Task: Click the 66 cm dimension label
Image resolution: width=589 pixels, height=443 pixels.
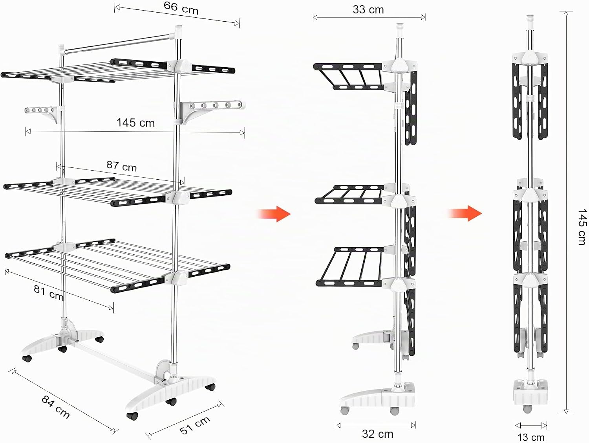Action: [181, 8]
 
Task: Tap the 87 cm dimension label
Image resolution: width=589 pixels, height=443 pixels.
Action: [122, 166]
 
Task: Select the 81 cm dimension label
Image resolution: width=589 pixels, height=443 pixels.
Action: [49, 292]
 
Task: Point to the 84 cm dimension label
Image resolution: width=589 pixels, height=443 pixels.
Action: [55, 407]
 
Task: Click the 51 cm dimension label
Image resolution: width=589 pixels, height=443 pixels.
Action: [195, 425]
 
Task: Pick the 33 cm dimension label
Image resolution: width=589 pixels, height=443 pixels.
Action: [368, 10]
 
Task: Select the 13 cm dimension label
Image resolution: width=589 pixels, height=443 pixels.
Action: [531, 437]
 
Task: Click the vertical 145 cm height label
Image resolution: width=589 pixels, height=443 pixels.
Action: [581, 227]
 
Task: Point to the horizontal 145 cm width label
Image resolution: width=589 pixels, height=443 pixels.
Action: [135, 123]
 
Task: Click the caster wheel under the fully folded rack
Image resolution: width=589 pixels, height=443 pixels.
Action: [527, 409]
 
